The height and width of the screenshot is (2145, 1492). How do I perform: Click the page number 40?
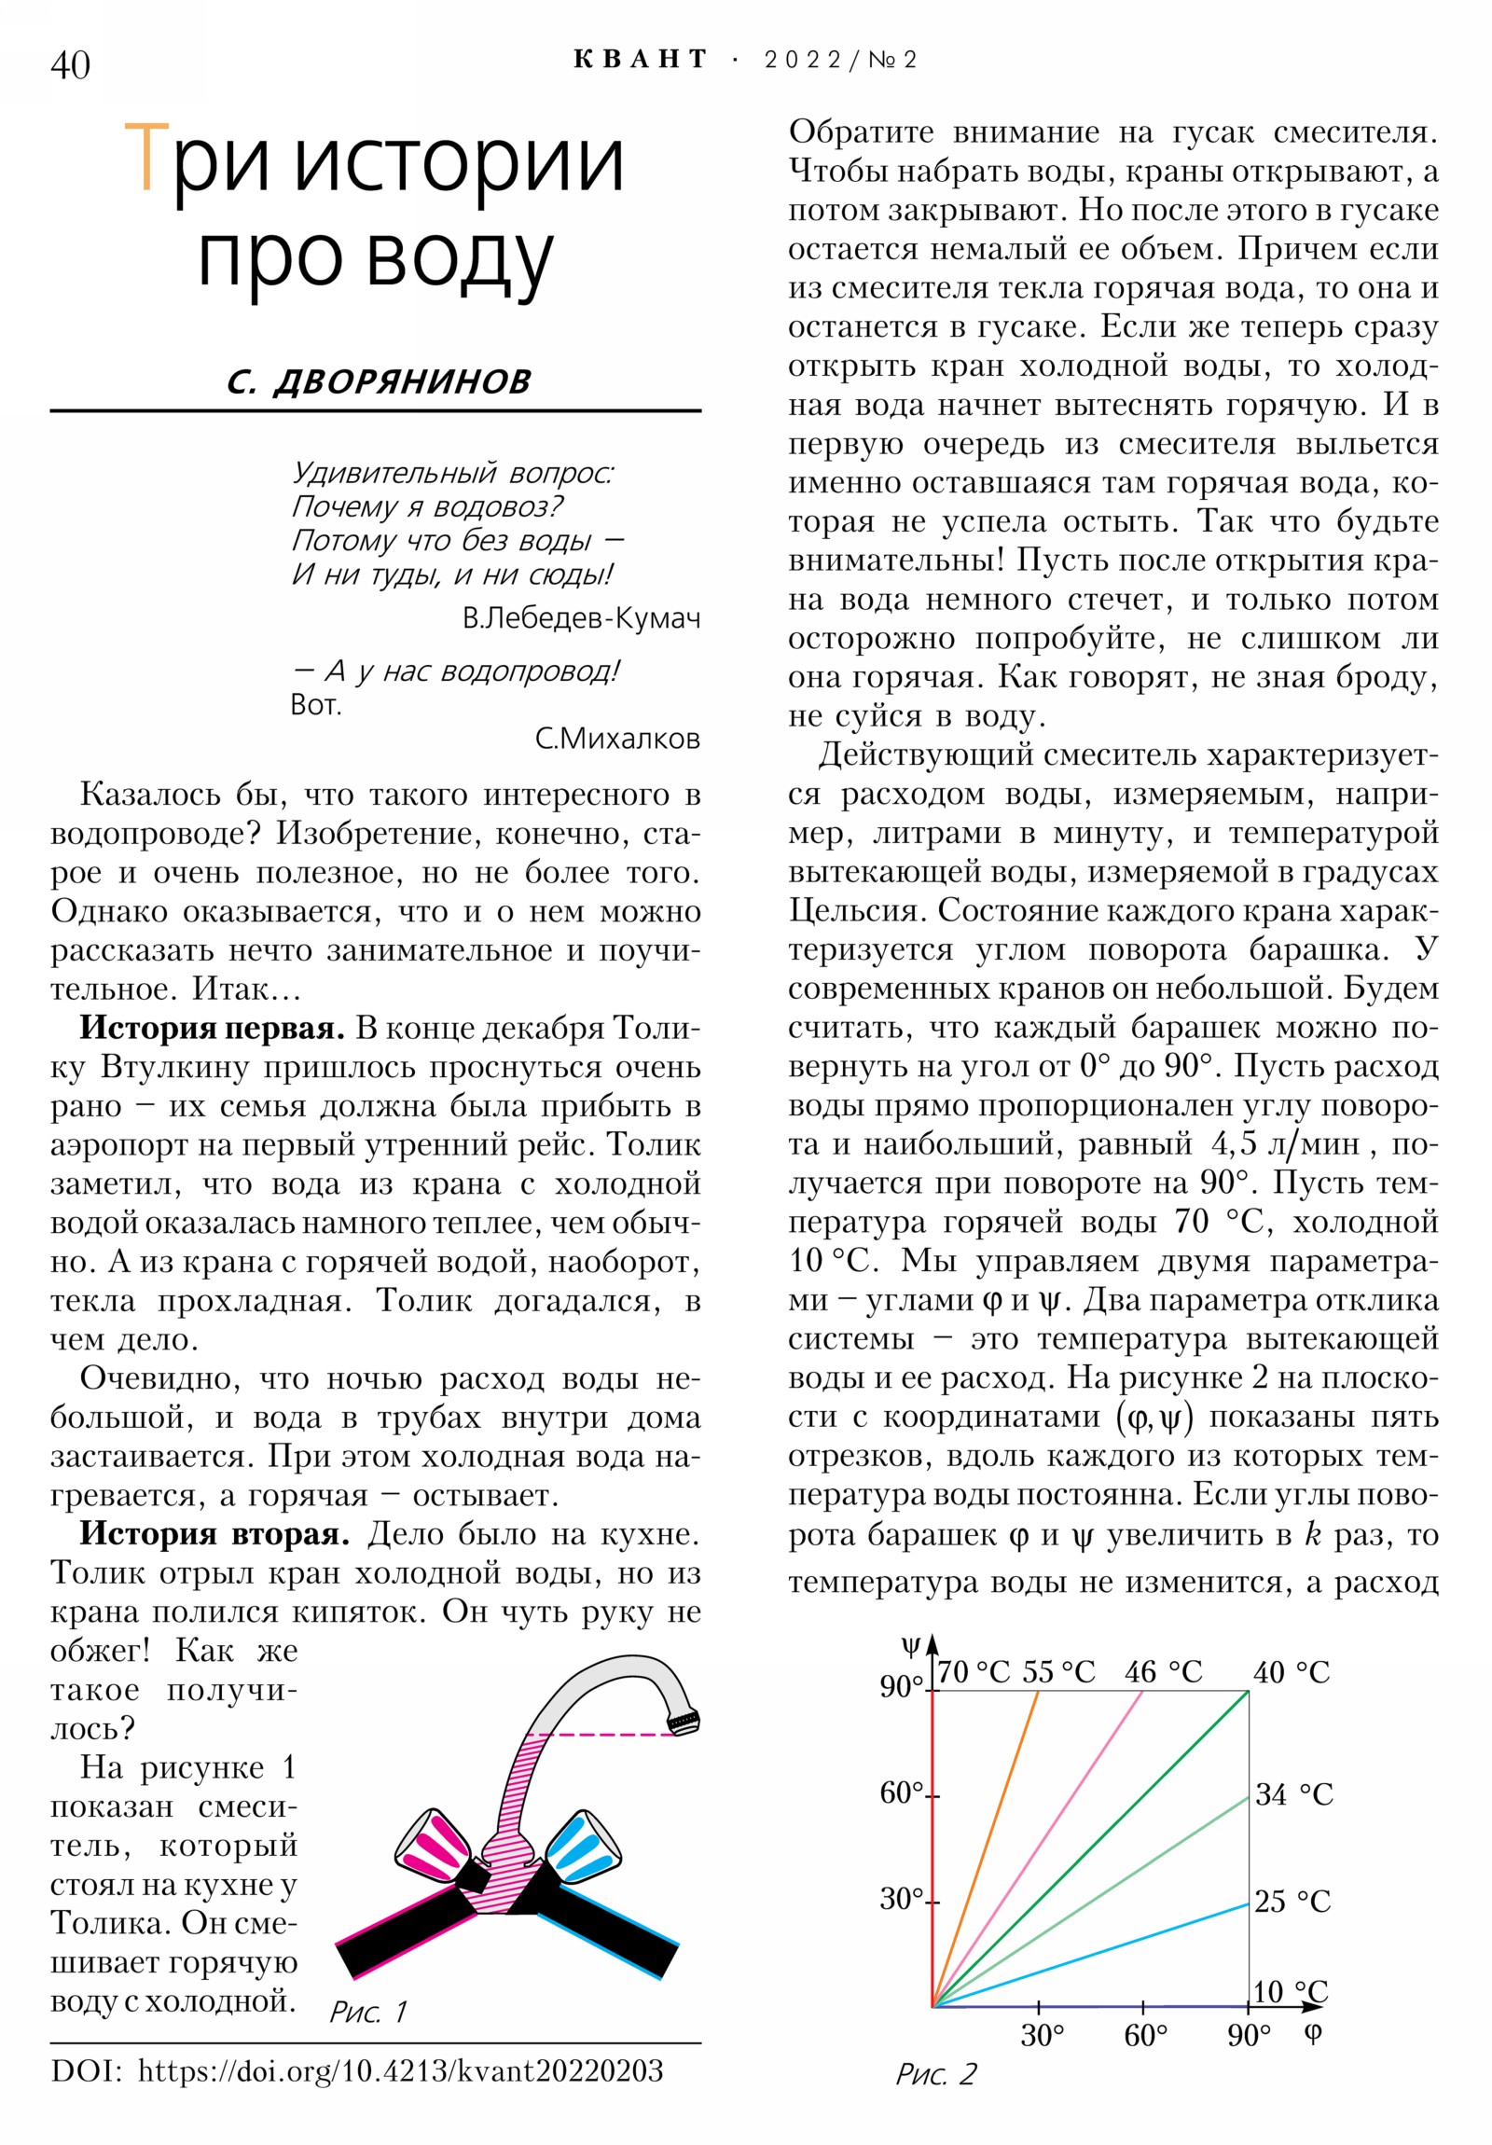(x=70, y=65)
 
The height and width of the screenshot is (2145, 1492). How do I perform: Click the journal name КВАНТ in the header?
(x=641, y=60)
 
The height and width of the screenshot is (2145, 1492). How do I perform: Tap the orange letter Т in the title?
(x=146, y=159)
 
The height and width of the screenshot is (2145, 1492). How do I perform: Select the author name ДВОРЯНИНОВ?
(x=402, y=381)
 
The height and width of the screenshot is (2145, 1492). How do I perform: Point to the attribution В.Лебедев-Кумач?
(x=580, y=618)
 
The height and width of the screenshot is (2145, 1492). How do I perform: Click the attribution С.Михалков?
(x=616, y=739)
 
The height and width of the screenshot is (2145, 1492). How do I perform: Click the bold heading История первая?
(x=212, y=1029)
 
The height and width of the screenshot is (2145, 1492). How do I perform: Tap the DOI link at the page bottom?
(x=400, y=2071)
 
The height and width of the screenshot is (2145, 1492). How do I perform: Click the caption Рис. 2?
(x=935, y=2075)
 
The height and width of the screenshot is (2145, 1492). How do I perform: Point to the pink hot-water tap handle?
(x=434, y=1843)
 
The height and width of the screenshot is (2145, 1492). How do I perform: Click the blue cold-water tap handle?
(x=581, y=1843)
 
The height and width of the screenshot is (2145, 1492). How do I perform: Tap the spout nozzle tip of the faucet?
(x=684, y=1721)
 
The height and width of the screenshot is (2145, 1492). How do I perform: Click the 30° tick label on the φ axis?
(x=1042, y=2034)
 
